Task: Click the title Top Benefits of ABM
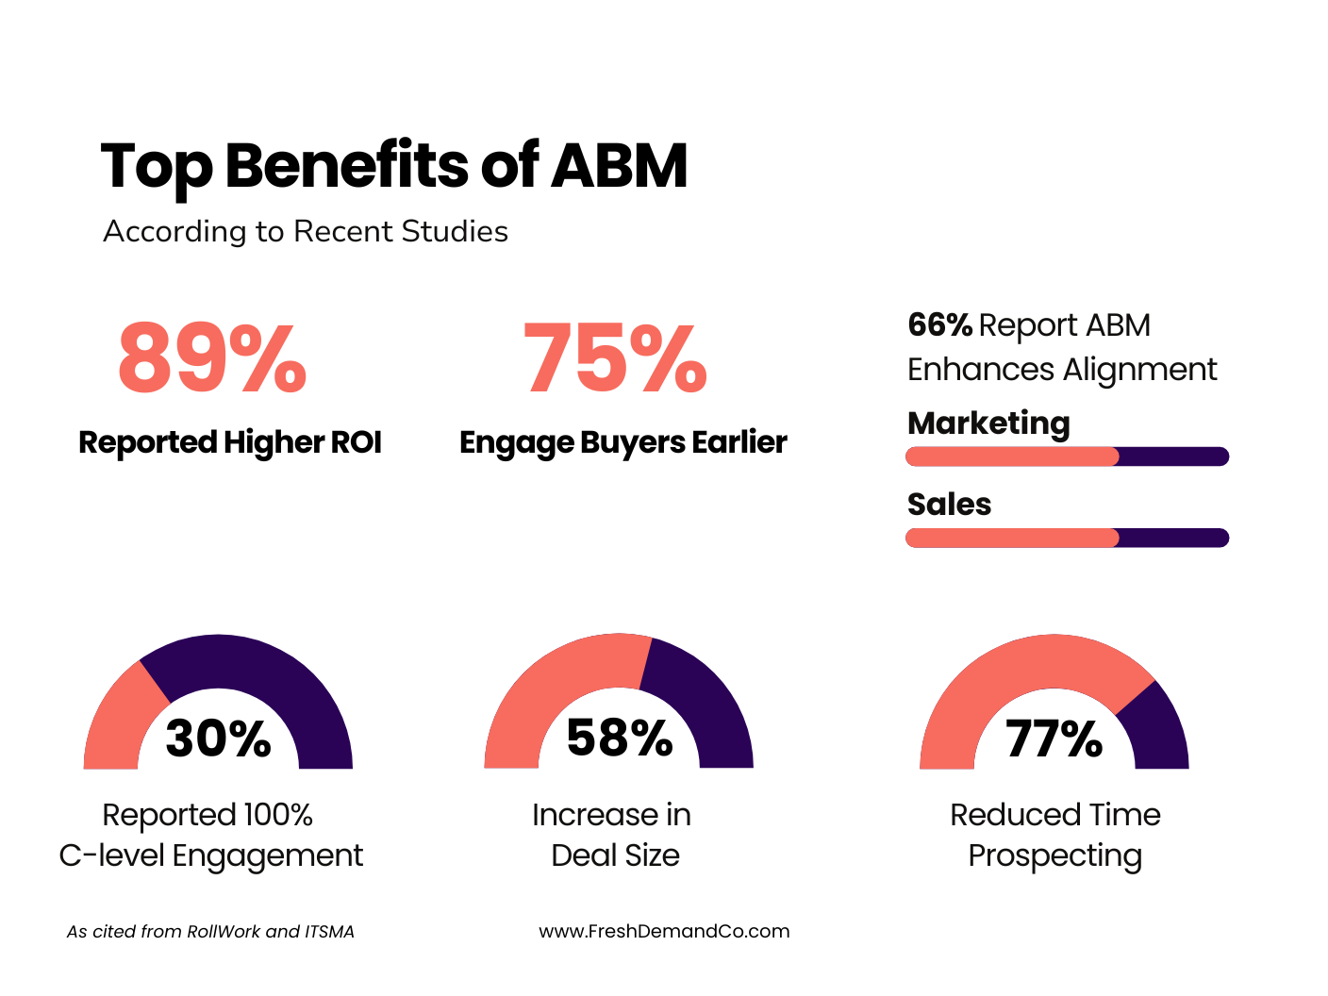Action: pyautogui.click(x=393, y=166)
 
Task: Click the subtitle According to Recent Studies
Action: pyautogui.click(x=306, y=231)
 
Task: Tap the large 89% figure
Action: pyautogui.click(x=212, y=358)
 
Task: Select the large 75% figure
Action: pyautogui.click(x=615, y=358)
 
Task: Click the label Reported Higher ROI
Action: pyautogui.click(x=230, y=442)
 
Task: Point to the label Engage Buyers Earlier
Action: pyautogui.click(x=622, y=442)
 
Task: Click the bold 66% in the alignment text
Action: pyautogui.click(x=939, y=325)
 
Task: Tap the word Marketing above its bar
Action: pyautogui.click(x=988, y=423)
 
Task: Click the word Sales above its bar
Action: pyautogui.click(x=949, y=505)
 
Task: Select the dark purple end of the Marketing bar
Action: pyautogui.click(x=1174, y=456)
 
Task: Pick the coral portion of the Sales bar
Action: pyautogui.click(x=1011, y=538)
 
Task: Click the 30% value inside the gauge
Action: pyautogui.click(x=218, y=739)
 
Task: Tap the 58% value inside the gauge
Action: pyautogui.click(x=620, y=738)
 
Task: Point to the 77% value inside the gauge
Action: pyautogui.click(x=1054, y=739)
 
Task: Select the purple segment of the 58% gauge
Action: pyautogui.click(x=703, y=698)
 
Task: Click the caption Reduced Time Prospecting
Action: pyautogui.click(x=1054, y=835)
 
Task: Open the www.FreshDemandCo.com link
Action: pyautogui.click(x=664, y=931)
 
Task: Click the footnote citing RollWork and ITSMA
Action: pyautogui.click(x=210, y=932)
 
